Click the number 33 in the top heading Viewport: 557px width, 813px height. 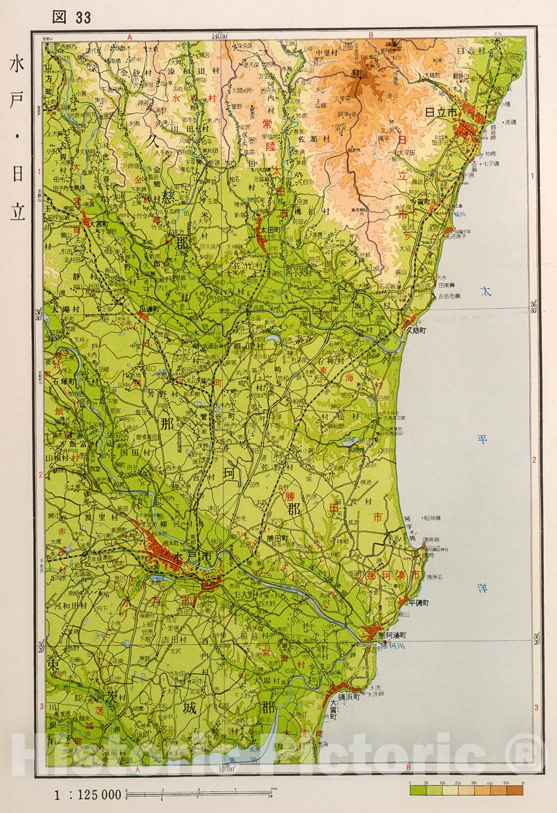[x=83, y=18]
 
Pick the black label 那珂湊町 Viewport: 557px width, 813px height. [x=393, y=635]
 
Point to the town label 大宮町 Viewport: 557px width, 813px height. [x=99, y=224]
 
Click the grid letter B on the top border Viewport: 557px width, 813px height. [x=371, y=36]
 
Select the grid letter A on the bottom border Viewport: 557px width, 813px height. [x=137, y=770]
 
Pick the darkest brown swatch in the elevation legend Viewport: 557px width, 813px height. [x=514, y=791]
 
